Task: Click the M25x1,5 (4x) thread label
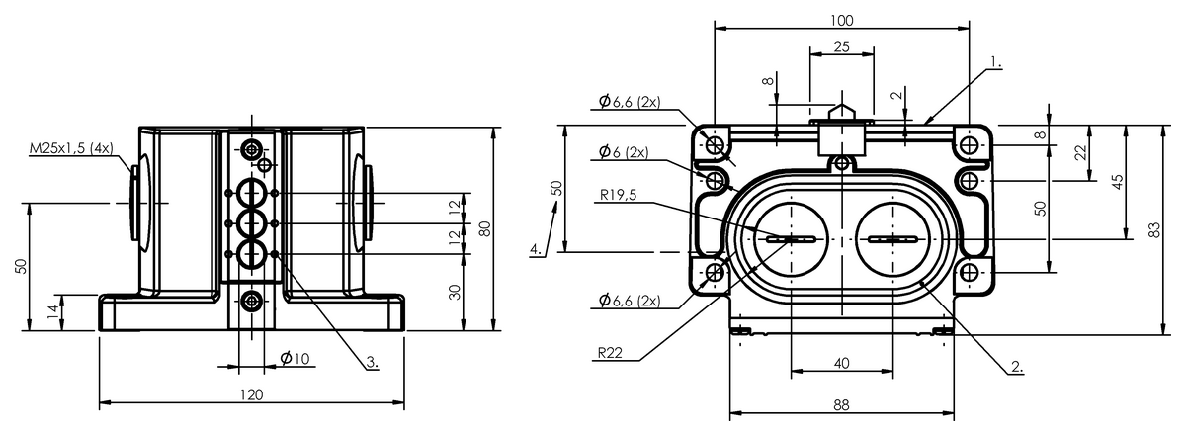(71, 148)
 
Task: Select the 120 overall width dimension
(251, 394)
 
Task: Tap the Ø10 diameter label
(295, 359)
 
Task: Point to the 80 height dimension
(484, 228)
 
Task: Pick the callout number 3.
(373, 362)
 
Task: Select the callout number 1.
(996, 62)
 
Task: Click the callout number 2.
(1017, 366)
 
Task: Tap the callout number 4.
(536, 249)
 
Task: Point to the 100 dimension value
(841, 20)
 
